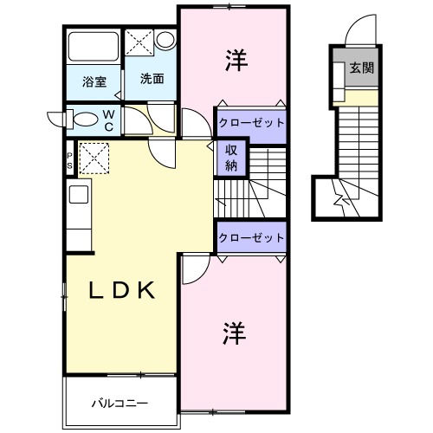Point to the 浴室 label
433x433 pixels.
[x=94, y=82]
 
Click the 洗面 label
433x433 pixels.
[x=152, y=78]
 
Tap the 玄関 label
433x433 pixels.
[x=363, y=68]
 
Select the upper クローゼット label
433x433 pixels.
[x=250, y=123]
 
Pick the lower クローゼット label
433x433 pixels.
[x=250, y=237]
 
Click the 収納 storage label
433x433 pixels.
[x=232, y=158]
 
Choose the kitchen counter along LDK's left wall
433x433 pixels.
[x=78, y=216]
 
